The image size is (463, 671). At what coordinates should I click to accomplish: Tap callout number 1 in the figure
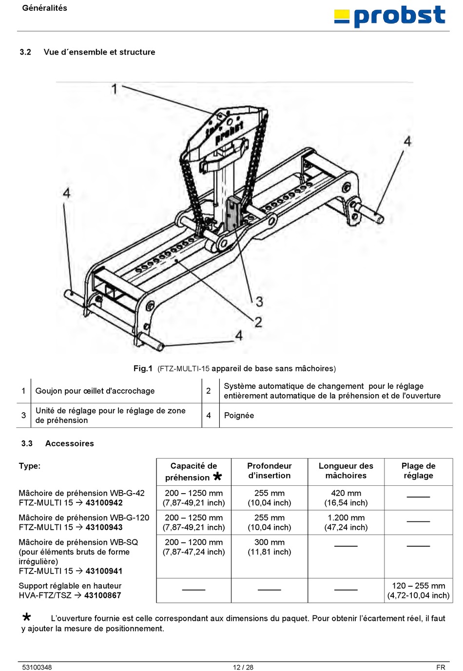[x=115, y=89]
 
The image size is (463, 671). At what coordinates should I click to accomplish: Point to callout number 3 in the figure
[x=259, y=302]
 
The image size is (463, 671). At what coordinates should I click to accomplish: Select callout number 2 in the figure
[x=258, y=322]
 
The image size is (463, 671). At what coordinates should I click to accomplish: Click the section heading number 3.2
[x=25, y=52]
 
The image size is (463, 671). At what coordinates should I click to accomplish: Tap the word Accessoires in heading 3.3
[x=69, y=443]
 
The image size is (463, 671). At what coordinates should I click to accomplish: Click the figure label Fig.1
[x=143, y=368]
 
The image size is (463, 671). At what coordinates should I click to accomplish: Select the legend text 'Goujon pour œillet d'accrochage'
[x=95, y=391]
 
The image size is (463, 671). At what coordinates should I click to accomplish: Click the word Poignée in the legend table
[x=239, y=415]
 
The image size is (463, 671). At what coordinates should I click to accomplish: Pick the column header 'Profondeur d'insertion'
[x=269, y=471]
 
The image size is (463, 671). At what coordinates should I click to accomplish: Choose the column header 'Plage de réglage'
[x=418, y=471]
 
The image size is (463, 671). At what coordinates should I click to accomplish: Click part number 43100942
[x=104, y=503]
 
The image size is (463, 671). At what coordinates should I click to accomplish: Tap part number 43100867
[x=102, y=595]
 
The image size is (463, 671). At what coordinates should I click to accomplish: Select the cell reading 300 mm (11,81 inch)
[x=269, y=547]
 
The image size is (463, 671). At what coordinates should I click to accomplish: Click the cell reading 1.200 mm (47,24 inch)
[x=346, y=522]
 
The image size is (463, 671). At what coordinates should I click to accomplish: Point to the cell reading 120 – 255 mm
[x=418, y=586]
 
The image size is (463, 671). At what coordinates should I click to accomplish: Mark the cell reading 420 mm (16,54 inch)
[x=346, y=498]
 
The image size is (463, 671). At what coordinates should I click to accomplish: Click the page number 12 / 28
[x=243, y=667]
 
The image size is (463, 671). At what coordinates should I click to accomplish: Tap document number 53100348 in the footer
[x=37, y=667]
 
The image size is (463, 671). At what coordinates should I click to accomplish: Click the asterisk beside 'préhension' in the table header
[x=217, y=477]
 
